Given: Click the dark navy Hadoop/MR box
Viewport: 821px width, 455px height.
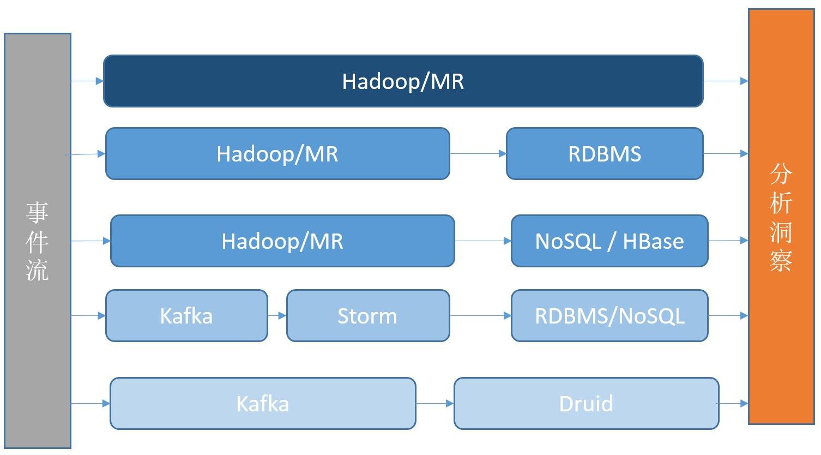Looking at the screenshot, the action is coord(403,81).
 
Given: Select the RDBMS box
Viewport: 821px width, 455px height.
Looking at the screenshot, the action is coord(605,153).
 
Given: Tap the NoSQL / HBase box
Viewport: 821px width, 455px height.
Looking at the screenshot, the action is coord(609,241).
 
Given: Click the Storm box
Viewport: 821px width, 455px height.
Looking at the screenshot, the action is coord(368,315).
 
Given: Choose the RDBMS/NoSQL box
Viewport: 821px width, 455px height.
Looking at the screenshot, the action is coord(609,315).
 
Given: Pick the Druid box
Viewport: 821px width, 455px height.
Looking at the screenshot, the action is coord(587,403).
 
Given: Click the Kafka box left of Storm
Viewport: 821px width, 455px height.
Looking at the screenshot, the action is coord(186,315).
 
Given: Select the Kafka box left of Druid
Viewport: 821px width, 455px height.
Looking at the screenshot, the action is coord(263,403).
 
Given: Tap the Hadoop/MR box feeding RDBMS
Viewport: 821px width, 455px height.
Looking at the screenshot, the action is coord(277,153).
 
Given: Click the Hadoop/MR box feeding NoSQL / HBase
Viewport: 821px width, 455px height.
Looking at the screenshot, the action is coord(282,241).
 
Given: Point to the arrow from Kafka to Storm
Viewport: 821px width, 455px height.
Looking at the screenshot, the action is coord(277,315).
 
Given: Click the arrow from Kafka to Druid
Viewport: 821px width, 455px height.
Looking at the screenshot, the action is coord(435,403).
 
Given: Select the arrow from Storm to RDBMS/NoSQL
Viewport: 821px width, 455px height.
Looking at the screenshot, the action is coord(480,315).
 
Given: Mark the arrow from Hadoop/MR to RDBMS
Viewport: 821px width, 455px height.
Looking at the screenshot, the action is coord(478,153).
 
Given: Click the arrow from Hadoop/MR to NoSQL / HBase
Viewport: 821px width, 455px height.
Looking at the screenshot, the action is coord(483,241).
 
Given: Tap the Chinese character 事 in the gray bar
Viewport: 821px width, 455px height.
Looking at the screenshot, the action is coord(37,212).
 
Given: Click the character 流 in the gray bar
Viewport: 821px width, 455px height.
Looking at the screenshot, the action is coord(37,270).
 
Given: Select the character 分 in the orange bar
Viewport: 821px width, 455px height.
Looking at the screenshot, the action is coord(781,173).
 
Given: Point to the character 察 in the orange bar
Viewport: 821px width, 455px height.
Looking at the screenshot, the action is coord(781,261).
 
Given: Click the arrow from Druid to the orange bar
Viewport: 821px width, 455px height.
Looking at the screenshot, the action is coord(732,404).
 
